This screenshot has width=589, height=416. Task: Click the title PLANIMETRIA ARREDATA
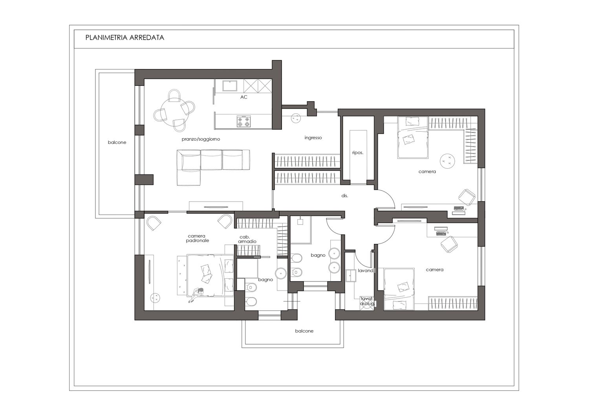(x=124, y=38)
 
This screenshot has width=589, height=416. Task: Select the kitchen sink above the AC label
(x=230, y=86)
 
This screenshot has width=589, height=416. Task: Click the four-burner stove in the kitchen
(x=243, y=121)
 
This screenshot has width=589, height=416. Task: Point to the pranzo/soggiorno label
(x=201, y=139)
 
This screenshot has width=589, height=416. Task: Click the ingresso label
(x=313, y=138)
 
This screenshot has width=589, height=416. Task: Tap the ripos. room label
(x=358, y=153)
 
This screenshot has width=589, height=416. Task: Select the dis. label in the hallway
(x=345, y=196)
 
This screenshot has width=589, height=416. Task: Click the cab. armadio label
(x=247, y=239)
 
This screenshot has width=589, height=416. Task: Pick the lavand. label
(x=366, y=271)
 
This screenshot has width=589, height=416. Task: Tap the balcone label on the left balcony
(x=117, y=142)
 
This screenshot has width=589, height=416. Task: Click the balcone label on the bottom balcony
(x=304, y=331)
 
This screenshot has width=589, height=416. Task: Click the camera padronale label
(x=198, y=238)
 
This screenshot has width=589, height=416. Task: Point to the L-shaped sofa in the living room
(x=213, y=168)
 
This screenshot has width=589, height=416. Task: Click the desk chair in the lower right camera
(x=449, y=244)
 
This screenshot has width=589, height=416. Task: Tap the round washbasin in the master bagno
(x=281, y=273)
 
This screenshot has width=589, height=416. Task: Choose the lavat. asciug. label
(x=367, y=301)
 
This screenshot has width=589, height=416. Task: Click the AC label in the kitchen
(x=244, y=97)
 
